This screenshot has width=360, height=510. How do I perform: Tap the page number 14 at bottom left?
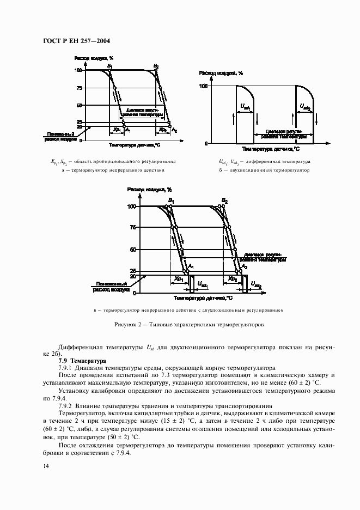(x=45, y=465)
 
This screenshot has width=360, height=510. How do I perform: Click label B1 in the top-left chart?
(x=110, y=66)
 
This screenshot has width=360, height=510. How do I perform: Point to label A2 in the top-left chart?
(x=174, y=130)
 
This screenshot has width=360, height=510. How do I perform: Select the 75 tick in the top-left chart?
(x=80, y=88)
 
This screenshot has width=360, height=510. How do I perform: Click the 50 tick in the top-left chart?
(x=80, y=105)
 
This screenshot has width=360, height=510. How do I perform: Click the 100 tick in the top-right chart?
(x=204, y=86)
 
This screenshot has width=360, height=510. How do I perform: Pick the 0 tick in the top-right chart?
(x=206, y=143)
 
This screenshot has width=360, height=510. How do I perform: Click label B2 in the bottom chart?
(x=224, y=201)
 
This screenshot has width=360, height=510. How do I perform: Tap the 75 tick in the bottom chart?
(x=132, y=228)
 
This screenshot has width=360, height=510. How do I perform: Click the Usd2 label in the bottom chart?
(x=257, y=285)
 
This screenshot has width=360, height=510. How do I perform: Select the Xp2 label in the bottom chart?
(x=233, y=280)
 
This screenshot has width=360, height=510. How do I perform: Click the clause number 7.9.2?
(x=66, y=407)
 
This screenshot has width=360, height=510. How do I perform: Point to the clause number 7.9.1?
(x=66, y=369)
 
